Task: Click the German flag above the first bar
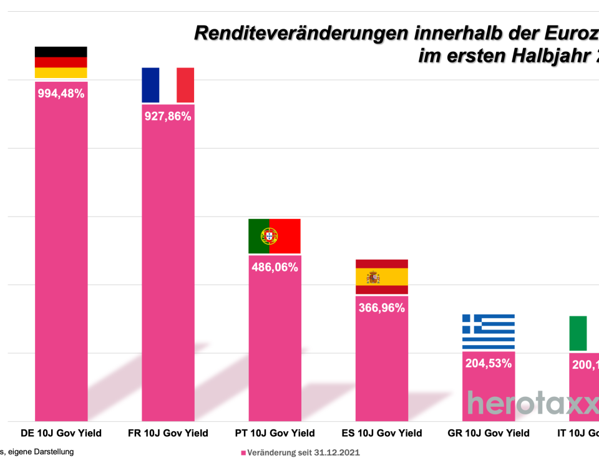(61, 62)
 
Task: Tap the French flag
(168, 85)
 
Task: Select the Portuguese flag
(275, 236)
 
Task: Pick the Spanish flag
(381, 276)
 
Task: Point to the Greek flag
(488, 331)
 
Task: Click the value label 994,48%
(61, 94)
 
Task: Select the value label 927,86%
(168, 116)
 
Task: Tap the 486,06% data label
(275, 267)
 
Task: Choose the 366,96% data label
(381, 308)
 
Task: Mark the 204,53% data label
(488, 363)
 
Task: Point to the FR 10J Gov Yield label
(168, 433)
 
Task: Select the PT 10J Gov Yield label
(275, 433)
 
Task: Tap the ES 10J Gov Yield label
(382, 433)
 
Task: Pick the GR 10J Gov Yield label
(489, 433)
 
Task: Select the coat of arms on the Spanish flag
(373, 277)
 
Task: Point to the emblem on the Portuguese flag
(269, 236)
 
